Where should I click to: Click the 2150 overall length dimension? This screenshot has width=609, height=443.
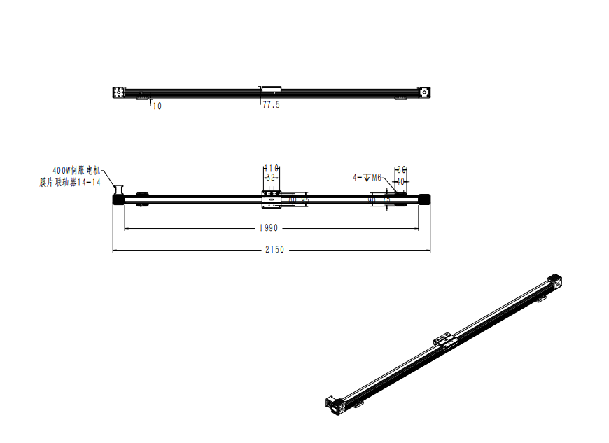272,250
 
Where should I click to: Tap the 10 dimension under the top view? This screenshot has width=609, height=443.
157,106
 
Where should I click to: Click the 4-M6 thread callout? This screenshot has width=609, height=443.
367,178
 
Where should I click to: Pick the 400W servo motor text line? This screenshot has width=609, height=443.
77,170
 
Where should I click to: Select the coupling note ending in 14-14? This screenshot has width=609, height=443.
70,182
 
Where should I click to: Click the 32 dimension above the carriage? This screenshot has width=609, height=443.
271,178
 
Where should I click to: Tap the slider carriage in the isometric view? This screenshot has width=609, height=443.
444,340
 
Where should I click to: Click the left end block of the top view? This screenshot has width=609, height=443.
119,92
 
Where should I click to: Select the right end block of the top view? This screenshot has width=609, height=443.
424,92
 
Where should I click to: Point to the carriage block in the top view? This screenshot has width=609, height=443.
271,89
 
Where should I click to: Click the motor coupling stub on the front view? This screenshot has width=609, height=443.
118,190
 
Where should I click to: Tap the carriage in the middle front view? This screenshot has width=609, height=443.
271,199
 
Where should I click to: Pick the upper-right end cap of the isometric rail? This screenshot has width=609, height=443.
555,281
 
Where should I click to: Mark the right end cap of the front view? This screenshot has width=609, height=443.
424,199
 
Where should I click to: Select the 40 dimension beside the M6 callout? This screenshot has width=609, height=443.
401,181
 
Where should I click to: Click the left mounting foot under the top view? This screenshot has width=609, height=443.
144,98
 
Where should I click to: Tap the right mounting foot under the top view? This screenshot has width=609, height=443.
400,98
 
